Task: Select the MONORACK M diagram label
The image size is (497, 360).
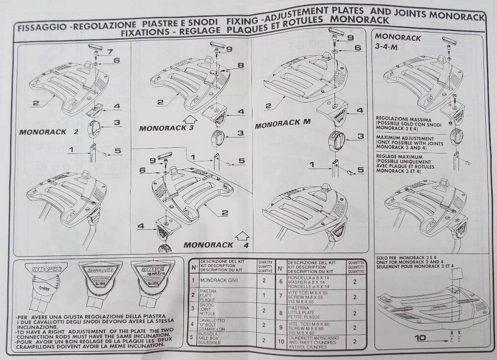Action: click(283, 124)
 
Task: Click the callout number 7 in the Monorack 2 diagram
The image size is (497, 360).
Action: click(110, 51)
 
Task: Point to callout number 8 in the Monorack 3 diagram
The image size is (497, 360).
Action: click(240, 65)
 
